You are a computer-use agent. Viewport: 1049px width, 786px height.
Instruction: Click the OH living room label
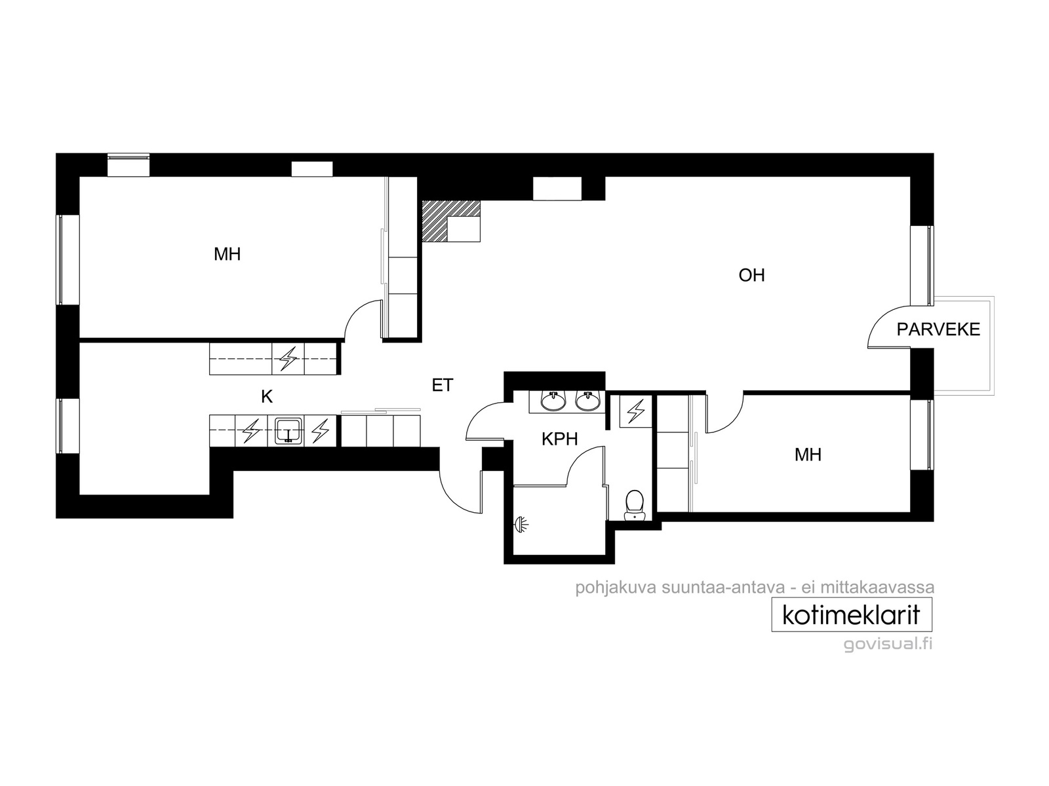(751, 275)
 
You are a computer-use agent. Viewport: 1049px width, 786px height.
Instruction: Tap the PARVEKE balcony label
(938, 329)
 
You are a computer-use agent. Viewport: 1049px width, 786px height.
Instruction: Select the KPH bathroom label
(559, 439)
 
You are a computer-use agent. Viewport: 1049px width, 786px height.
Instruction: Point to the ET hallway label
(442, 385)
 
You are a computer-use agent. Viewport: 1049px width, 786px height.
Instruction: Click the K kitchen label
(267, 396)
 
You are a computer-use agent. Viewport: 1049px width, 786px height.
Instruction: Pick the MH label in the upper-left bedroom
(227, 254)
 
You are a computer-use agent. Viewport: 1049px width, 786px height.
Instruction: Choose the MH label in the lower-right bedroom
(808, 455)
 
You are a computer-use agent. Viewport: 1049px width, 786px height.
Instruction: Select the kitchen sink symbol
(288, 430)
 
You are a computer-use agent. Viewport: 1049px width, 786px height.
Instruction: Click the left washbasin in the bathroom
(553, 401)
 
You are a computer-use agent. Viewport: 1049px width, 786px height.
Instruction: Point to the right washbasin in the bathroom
(587, 401)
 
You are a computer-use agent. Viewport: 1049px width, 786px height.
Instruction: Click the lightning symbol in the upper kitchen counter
(288, 358)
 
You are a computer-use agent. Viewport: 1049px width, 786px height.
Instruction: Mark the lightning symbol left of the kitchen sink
(251, 431)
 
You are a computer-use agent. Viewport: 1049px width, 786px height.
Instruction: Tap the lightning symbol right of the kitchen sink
(320, 431)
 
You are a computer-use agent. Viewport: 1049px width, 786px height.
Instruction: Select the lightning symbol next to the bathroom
(635, 411)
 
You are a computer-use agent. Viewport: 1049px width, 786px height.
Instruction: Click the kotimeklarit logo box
(852, 614)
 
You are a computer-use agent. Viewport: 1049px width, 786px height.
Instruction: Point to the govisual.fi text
(888, 645)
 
